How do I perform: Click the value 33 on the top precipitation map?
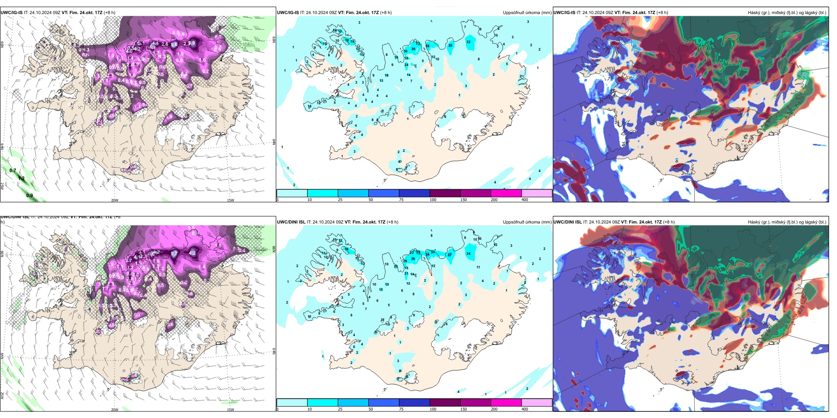pyautogui.click(x=450, y=45)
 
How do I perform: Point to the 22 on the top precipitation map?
pyautogui.click(x=468, y=42)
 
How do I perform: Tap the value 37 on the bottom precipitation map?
pyautogui.click(x=450, y=255)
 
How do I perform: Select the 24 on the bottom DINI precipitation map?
pyautogui.click(x=468, y=253)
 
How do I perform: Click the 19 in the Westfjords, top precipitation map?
pyautogui.click(x=352, y=42)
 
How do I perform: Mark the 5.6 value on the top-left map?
pyautogui.click(x=174, y=44)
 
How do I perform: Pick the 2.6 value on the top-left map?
pyautogui.click(x=165, y=44)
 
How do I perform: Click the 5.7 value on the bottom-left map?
pyautogui.click(x=174, y=253)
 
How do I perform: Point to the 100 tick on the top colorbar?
pyautogui.click(x=433, y=200)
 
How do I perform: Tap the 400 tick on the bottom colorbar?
pyautogui.click(x=525, y=409)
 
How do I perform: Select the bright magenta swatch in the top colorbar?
pyautogui.click(x=506, y=193)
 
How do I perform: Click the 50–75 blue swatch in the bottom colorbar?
pyautogui.click(x=383, y=403)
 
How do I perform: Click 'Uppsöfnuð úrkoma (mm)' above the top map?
pyautogui.click(x=527, y=13)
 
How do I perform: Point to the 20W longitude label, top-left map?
pyautogui.click(x=115, y=200)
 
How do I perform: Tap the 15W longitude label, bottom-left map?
pyautogui.click(x=230, y=410)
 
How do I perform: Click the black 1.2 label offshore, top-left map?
pyautogui.click(x=21, y=179)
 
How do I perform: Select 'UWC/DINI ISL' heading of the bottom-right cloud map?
pyautogui.click(x=568, y=222)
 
